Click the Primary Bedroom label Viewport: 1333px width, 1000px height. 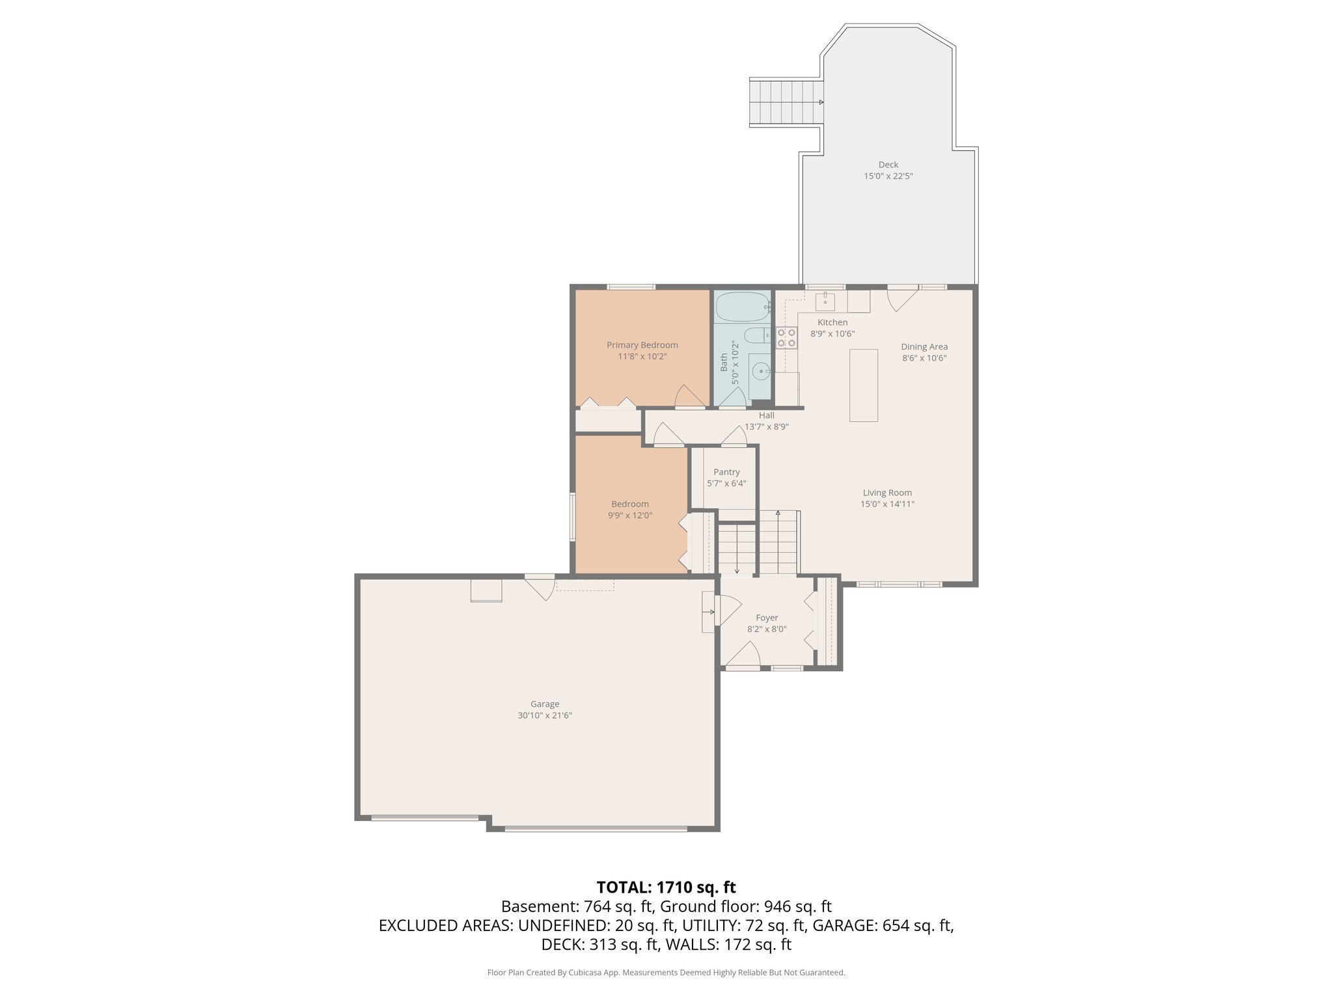point(642,345)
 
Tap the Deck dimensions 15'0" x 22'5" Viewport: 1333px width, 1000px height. point(888,176)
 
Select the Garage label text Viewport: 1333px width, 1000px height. point(544,704)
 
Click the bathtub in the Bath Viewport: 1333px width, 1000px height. point(742,307)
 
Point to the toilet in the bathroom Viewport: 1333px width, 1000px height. point(756,337)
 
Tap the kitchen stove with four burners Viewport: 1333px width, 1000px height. point(786,337)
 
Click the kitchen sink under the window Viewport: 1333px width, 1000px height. point(825,302)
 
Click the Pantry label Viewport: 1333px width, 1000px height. point(726,472)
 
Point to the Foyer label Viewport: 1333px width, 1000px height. point(767,618)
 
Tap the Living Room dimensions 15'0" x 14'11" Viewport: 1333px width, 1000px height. point(887,504)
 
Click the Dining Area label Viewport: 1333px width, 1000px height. point(924,346)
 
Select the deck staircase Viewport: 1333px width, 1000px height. point(784,102)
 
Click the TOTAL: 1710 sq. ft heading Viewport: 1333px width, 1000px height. point(666,887)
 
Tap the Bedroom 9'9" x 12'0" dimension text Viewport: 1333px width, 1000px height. point(629,515)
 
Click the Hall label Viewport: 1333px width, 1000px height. point(766,415)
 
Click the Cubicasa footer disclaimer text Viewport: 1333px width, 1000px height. point(666,973)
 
